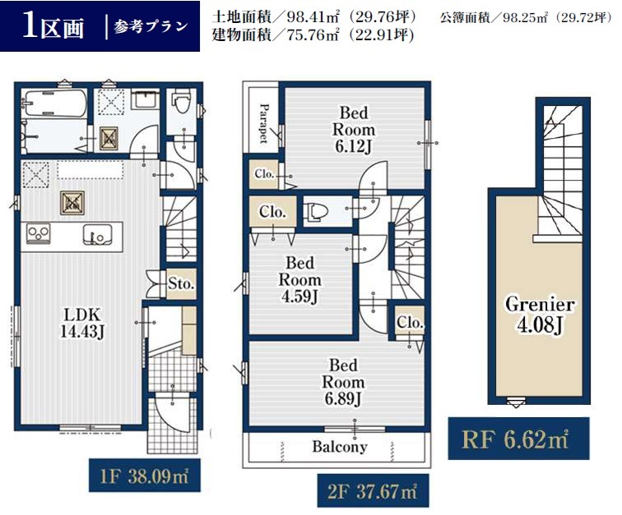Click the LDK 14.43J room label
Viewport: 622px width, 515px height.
click(x=82, y=323)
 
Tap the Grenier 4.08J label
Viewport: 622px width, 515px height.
click(x=540, y=315)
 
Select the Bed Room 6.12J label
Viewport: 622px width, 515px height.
click(x=354, y=130)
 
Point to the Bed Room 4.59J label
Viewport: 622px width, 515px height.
click(x=299, y=280)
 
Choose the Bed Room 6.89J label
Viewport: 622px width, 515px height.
click(x=343, y=382)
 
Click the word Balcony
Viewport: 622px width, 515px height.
click(x=340, y=447)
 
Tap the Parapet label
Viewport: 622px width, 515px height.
click(x=263, y=123)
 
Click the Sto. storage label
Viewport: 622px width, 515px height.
click(x=181, y=283)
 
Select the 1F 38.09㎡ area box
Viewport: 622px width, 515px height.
click(x=145, y=476)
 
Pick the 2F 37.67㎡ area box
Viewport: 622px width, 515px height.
click(x=373, y=491)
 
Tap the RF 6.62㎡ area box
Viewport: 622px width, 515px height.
click(x=518, y=439)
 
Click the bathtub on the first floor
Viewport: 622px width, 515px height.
click(x=54, y=103)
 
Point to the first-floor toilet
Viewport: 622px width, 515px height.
click(x=181, y=101)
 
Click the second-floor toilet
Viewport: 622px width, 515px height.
click(x=316, y=211)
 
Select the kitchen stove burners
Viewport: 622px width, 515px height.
click(x=39, y=233)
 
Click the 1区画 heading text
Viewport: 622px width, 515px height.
click(x=53, y=25)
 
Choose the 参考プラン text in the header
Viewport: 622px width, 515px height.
click(x=151, y=26)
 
